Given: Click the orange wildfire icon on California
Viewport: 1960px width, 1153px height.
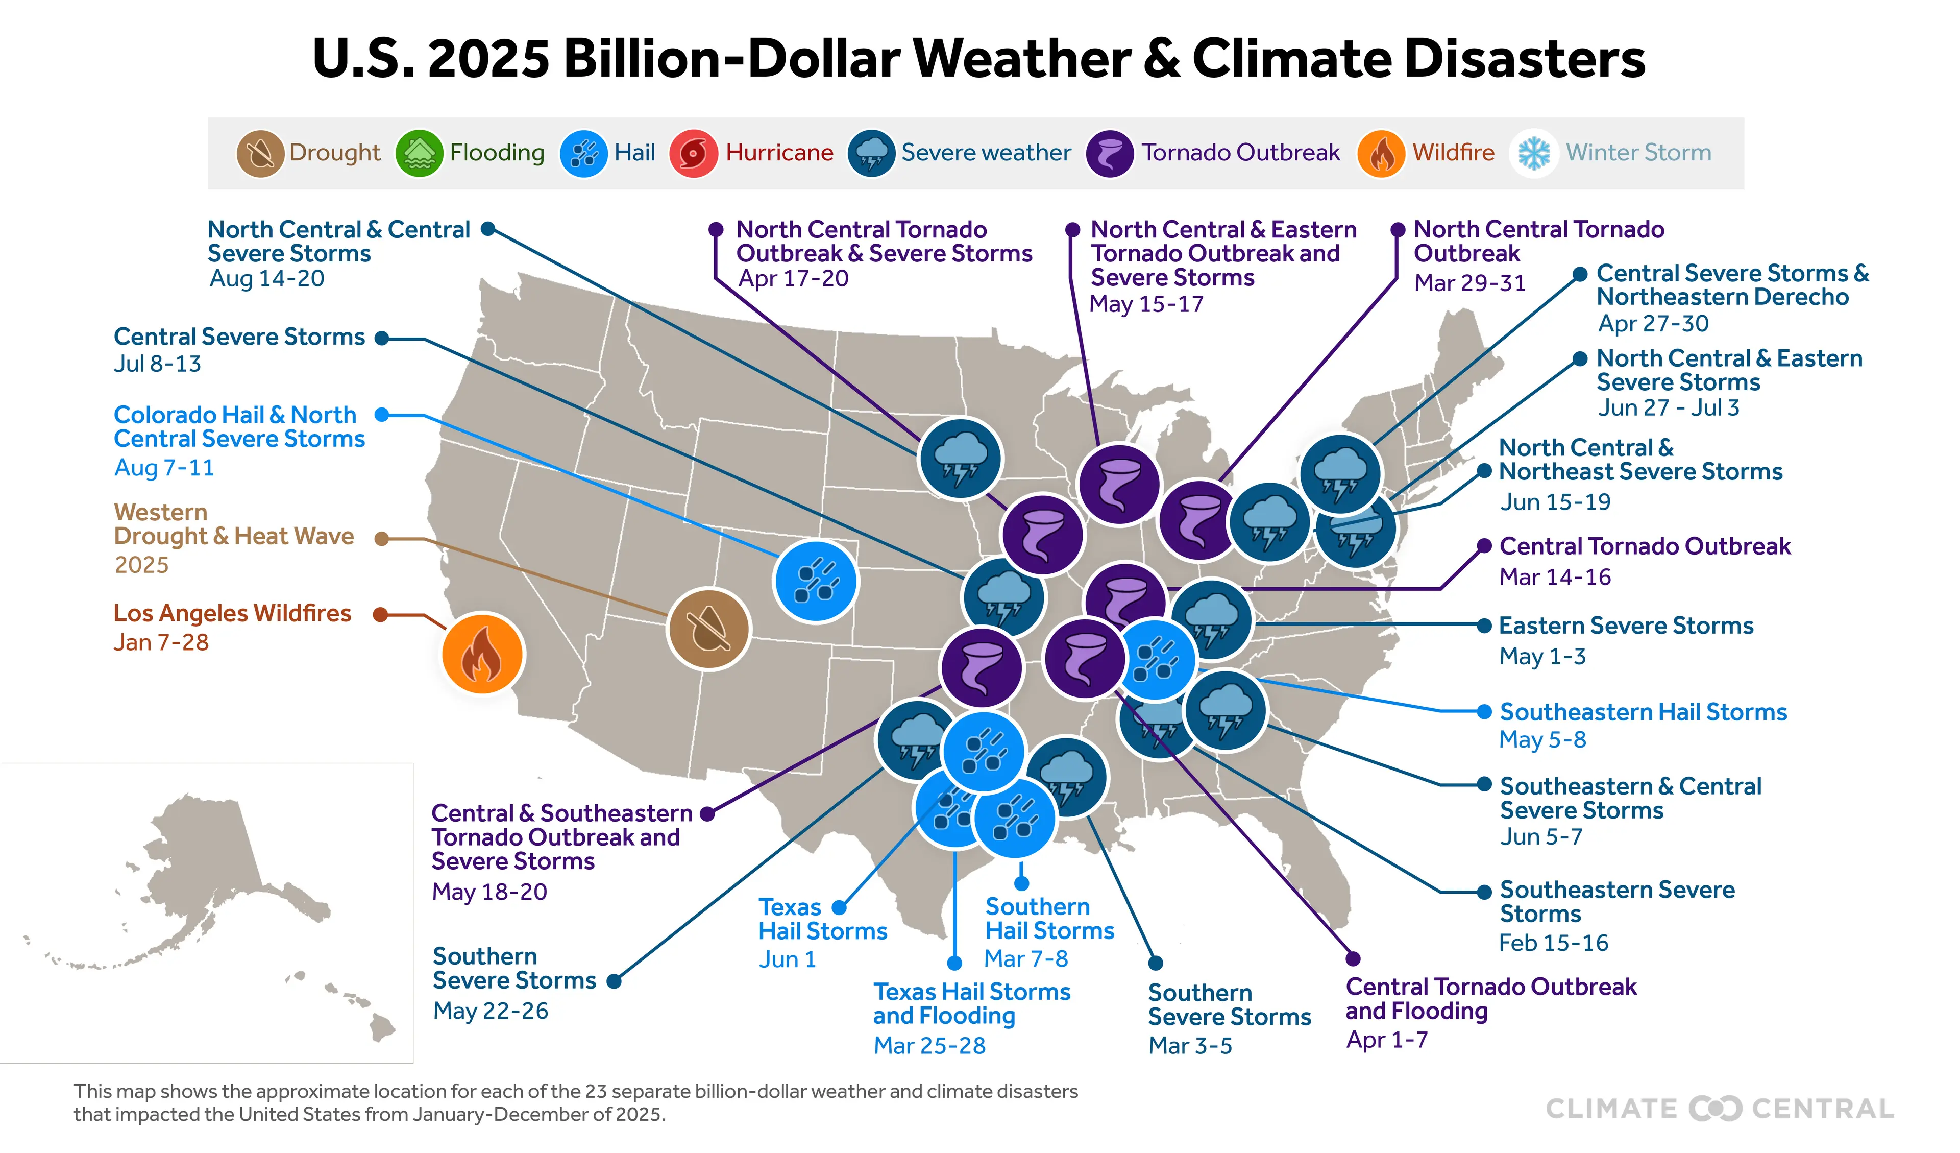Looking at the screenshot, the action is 482,654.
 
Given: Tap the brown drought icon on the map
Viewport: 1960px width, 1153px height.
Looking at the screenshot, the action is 708,629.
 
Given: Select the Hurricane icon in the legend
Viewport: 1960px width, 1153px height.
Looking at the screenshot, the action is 693,153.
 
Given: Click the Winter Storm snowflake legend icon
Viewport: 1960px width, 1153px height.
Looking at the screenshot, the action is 1534,153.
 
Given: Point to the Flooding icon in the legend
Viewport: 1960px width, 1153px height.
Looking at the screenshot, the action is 419,153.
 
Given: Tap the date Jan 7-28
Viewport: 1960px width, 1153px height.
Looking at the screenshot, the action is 161,643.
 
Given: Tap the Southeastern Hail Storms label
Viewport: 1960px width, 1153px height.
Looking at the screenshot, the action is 1644,712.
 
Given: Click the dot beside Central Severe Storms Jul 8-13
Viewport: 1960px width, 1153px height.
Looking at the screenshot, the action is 381,339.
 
